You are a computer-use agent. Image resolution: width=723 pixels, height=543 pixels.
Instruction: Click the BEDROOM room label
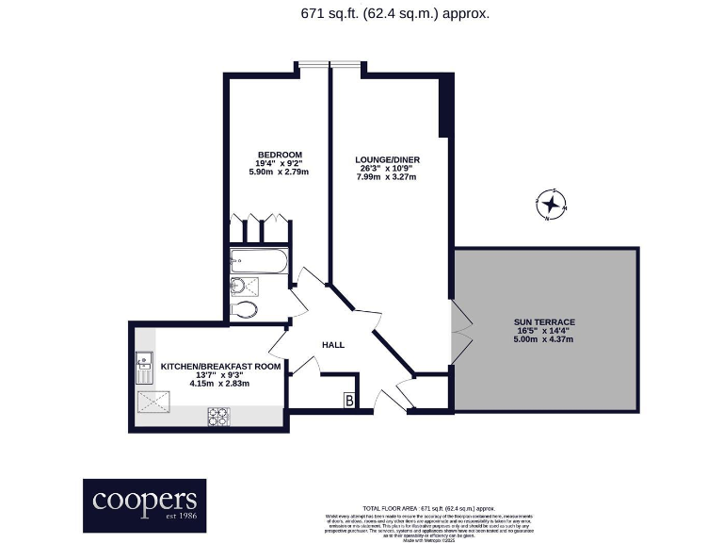click(280, 155)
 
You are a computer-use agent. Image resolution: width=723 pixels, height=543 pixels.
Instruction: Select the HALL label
click(333, 345)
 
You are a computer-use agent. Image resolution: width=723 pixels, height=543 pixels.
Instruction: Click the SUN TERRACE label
click(544, 322)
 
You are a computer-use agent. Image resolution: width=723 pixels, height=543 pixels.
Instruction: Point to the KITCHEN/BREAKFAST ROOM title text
click(220, 366)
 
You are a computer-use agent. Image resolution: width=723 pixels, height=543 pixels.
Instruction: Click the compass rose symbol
click(551, 204)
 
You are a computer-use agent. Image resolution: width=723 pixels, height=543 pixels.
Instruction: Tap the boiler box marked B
click(349, 402)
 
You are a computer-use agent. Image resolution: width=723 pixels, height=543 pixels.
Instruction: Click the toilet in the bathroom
click(244, 309)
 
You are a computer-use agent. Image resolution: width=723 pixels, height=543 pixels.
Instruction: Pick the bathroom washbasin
click(239, 286)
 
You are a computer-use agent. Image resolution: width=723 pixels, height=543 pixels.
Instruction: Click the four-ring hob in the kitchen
click(218, 415)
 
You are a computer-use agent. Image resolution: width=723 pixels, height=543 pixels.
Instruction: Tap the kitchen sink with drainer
click(144, 366)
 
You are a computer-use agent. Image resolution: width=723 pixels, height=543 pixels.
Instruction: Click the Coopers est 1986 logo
click(144, 505)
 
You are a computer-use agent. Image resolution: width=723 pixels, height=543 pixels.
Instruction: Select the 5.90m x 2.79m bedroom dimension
click(280, 172)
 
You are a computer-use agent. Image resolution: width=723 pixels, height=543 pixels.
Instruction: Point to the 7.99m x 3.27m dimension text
click(386, 176)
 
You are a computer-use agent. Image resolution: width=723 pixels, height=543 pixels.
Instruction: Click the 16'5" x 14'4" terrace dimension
click(544, 331)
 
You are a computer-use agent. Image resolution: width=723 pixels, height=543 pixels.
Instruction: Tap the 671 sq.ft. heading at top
click(394, 13)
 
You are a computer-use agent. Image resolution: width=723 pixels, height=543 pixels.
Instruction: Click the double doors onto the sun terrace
click(458, 334)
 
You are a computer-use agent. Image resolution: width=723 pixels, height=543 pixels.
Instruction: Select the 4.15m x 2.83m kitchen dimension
click(220, 384)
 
